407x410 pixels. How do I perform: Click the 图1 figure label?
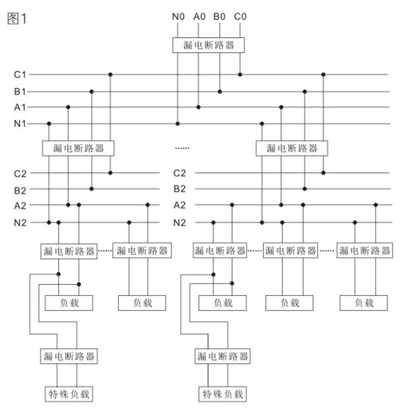(17, 18)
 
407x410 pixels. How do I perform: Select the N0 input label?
(178, 16)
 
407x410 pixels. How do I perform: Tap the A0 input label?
(199, 16)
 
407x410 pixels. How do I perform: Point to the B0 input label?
(219, 16)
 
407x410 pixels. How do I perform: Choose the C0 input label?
(240, 16)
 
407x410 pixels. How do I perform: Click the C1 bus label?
(20, 75)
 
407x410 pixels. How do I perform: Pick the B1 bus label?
(20, 92)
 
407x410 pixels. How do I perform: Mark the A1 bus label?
(20, 107)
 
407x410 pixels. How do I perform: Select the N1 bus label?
(20, 124)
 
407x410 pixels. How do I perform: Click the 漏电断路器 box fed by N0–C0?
(209, 46)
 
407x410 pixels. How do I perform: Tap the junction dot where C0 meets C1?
(240, 75)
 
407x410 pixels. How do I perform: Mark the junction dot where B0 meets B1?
(219, 92)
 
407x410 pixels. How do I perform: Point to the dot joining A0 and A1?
(198, 107)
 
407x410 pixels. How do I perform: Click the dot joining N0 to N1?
(177, 124)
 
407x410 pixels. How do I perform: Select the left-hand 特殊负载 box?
(69, 394)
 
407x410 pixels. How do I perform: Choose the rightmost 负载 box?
(364, 303)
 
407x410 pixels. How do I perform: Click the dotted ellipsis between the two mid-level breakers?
(182, 148)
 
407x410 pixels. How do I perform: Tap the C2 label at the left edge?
(20, 173)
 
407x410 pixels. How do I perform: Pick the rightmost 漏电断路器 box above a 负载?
(365, 250)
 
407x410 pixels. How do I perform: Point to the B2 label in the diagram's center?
(180, 189)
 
